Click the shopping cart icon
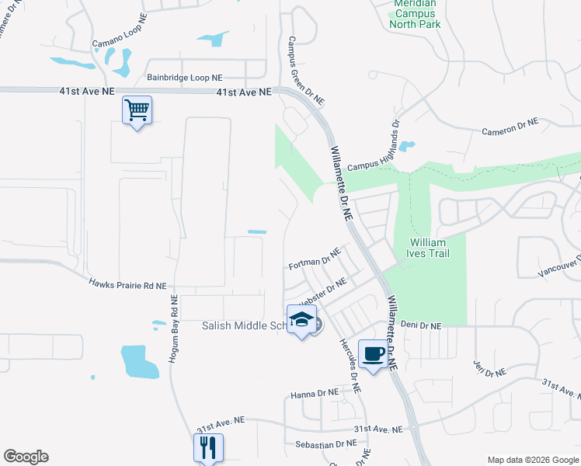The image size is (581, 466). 137,110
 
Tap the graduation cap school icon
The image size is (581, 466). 301,319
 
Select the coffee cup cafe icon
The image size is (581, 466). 373,353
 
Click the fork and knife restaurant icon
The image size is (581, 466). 207,447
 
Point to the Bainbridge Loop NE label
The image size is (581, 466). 185,78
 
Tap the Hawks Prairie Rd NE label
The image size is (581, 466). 127,285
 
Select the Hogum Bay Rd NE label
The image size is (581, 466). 175,329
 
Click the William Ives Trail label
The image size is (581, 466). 430,248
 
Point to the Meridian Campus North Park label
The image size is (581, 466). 416,14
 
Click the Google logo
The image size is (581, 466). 26,457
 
